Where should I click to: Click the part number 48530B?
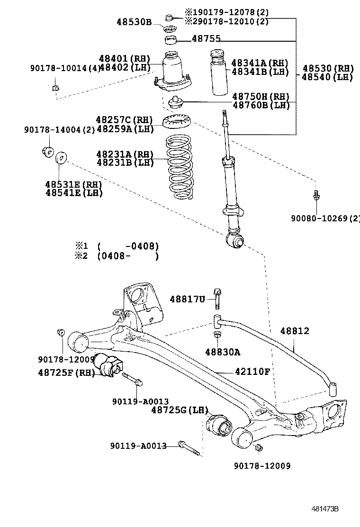pyautogui.click(x=134, y=22)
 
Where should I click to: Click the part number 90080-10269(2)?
pyautogui.click(x=325, y=218)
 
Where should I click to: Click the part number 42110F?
pyautogui.click(x=252, y=372)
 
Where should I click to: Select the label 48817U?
pyautogui.click(x=187, y=299)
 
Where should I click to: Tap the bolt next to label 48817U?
pyautogui.click(x=217, y=298)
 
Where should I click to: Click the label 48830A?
pyautogui.click(x=223, y=352)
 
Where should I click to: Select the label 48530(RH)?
pyautogui.click(x=328, y=68)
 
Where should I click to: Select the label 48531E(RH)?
pyautogui.click(x=74, y=184)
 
